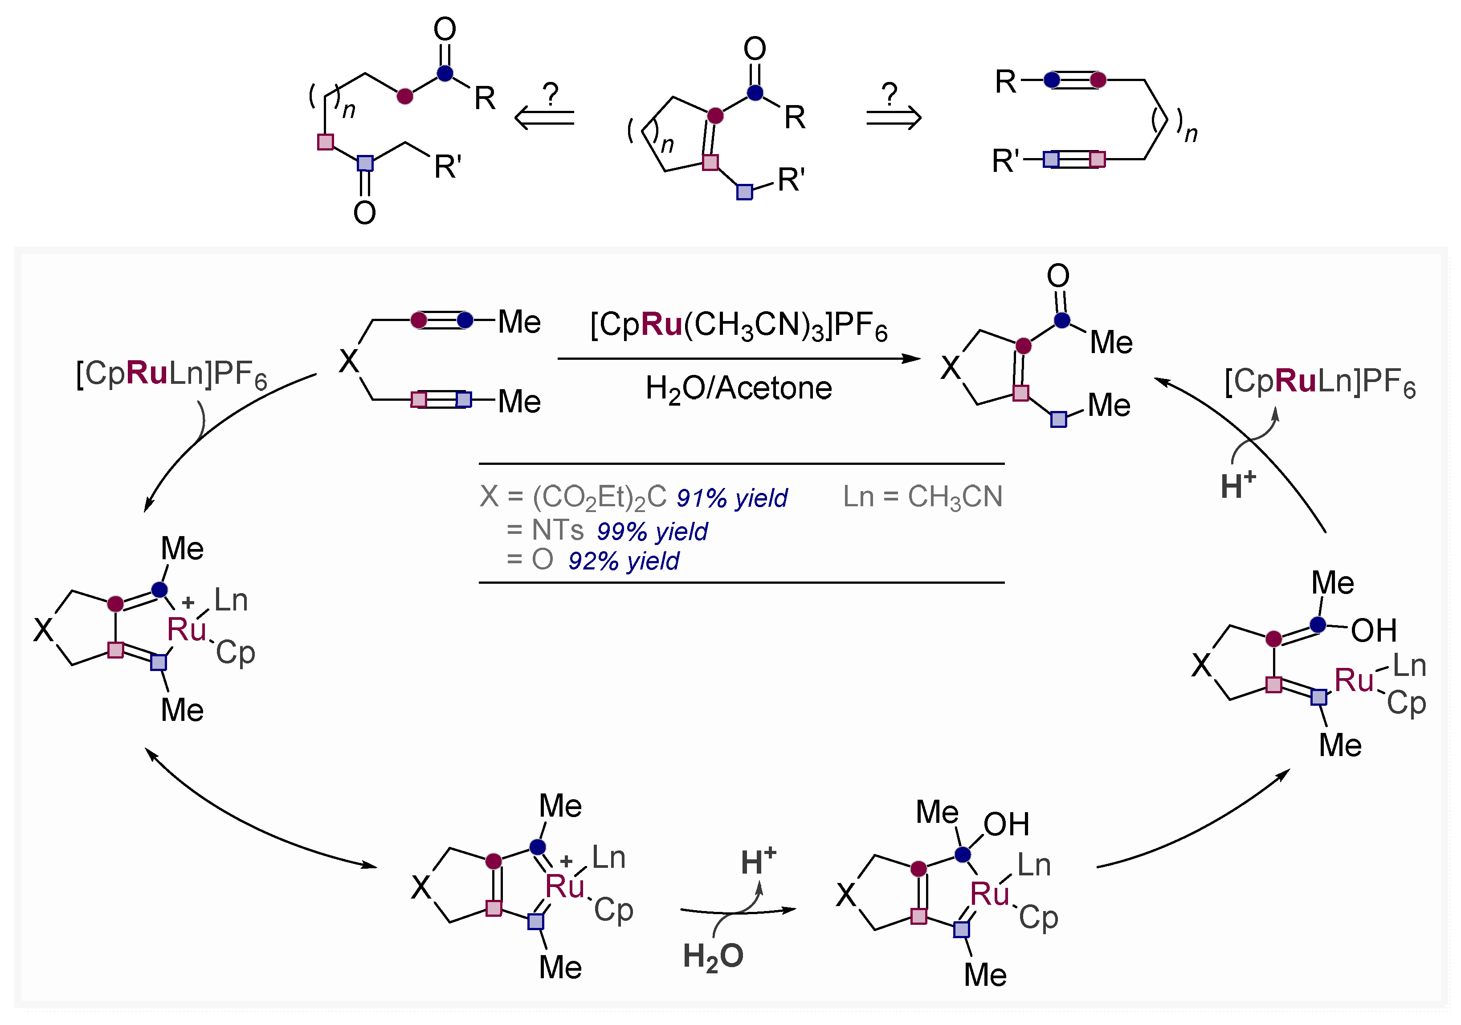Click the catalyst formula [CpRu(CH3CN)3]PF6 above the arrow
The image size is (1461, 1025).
738,326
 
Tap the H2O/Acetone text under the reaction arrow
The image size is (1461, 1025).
738,388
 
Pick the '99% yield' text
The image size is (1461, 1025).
652,531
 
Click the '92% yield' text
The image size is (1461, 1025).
624,561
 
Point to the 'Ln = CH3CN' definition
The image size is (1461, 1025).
922,497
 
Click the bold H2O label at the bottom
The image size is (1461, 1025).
713,956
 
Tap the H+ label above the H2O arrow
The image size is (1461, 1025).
758,862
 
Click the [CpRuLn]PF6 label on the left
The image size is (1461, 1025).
171,374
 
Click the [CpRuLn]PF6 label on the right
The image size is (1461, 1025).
1320,382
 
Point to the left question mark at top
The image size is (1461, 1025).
551,94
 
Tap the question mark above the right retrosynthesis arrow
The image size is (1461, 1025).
890,94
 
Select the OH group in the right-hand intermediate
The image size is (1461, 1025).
1373,630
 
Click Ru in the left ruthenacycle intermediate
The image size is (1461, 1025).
187,630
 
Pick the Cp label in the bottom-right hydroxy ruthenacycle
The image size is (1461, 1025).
1038,918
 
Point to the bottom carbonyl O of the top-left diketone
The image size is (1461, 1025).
365,213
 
